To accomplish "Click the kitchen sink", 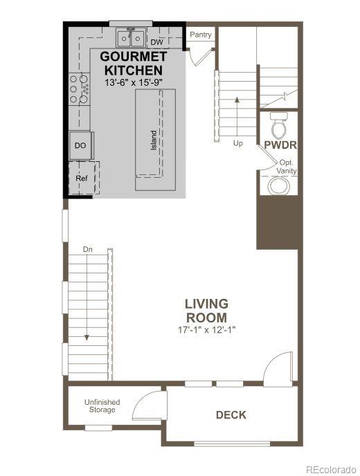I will click(130, 38).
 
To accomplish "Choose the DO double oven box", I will click(80, 145).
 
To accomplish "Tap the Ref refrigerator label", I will click(82, 178).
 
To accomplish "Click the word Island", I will click(154, 140).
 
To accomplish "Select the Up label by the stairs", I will click(237, 144).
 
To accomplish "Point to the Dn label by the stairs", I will click(88, 248).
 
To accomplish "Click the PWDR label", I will click(280, 145).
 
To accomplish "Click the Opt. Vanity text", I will click(286, 167).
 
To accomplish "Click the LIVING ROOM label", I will click(206, 311).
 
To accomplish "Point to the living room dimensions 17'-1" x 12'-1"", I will click(206, 330).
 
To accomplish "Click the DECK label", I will click(231, 415).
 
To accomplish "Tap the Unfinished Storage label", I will click(102, 406).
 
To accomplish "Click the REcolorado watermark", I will click(332, 466).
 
